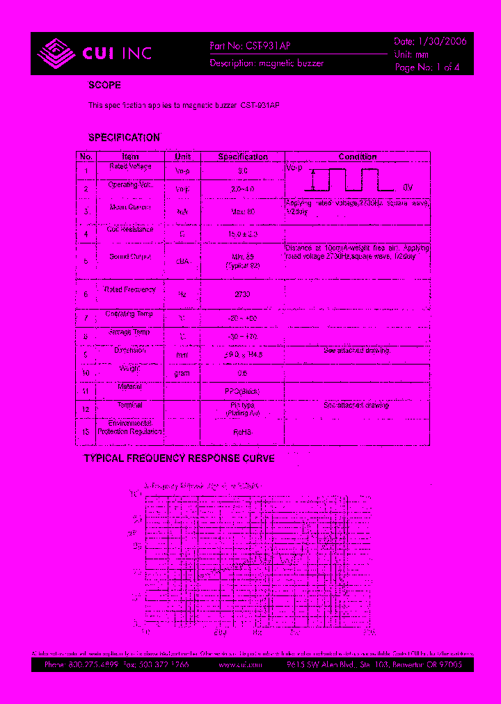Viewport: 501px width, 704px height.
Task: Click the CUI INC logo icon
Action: [x=55, y=53]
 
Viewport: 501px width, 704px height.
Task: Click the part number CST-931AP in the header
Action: [x=267, y=45]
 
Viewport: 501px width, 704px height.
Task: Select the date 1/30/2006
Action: [x=441, y=42]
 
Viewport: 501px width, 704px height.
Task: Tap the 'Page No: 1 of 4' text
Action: [x=427, y=67]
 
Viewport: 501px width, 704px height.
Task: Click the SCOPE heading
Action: [x=104, y=86]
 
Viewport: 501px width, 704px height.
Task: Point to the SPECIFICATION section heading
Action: [x=124, y=138]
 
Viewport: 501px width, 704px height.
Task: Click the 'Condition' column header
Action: [x=358, y=157]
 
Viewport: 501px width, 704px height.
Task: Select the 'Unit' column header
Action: [x=182, y=157]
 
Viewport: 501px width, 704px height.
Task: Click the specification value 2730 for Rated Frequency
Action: [x=242, y=294]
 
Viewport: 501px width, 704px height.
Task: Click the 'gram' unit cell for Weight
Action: [x=182, y=373]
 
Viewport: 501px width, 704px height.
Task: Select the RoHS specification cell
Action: [x=242, y=431]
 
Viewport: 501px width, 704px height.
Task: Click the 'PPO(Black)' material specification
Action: [x=242, y=391]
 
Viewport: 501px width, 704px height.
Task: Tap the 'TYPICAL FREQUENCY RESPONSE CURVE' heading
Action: [x=180, y=458]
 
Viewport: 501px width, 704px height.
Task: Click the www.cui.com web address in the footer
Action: [x=239, y=665]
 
